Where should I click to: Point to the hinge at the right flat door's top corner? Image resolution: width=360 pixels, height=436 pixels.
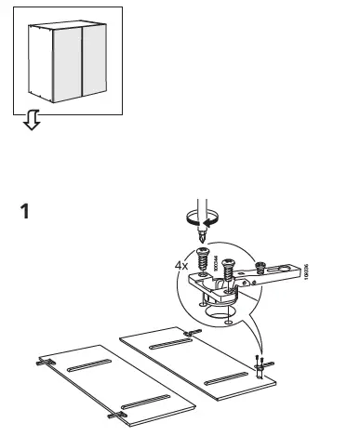[x=192, y=333]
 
